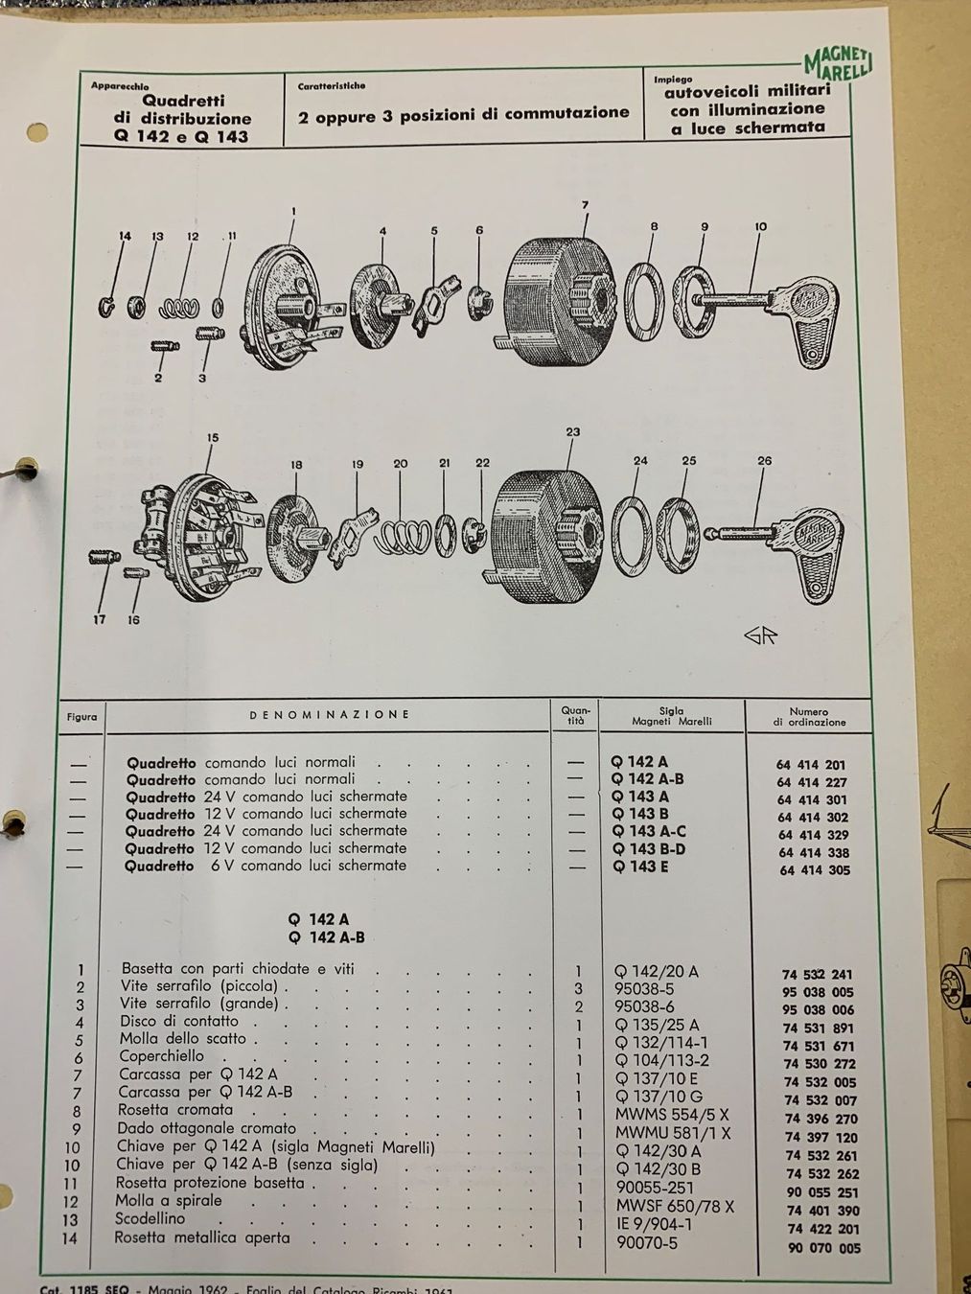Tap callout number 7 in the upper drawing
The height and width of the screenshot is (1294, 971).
pyautogui.click(x=584, y=204)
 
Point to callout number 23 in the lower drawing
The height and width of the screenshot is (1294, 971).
pyautogui.click(x=572, y=432)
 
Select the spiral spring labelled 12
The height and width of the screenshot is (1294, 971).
pyautogui.click(x=180, y=307)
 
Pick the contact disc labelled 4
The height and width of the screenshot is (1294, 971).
pyautogui.click(x=375, y=293)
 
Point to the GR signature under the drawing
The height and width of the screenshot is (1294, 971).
pyautogui.click(x=759, y=636)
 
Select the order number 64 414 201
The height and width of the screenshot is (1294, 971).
pyautogui.click(x=812, y=765)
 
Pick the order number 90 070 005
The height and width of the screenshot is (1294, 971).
pyautogui.click(x=822, y=1248)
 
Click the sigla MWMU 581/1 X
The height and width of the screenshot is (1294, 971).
pyautogui.click(x=672, y=1133)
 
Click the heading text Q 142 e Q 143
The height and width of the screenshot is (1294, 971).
pyautogui.click(x=181, y=136)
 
